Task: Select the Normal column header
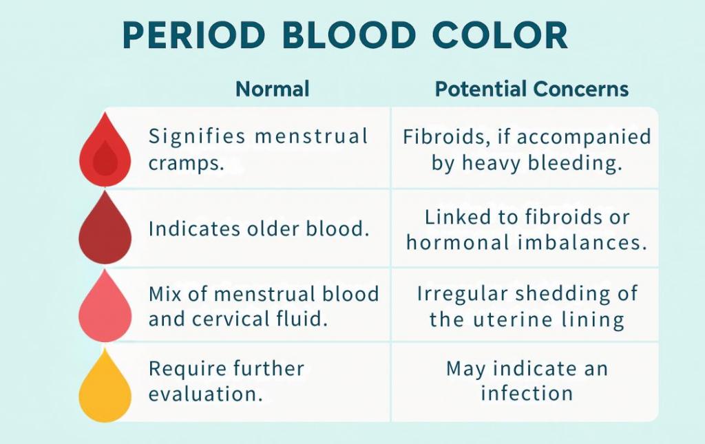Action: pyautogui.click(x=273, y=89)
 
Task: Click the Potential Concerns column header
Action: pyautogui.click(x=532, y=89)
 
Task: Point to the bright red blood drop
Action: pyautogui.click(x=105, y=151)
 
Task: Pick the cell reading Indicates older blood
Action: pyautogui.click(x=259, y=229)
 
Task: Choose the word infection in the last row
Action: pyautogui.click(x=527, y=393)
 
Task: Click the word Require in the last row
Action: pyautogui.click(x=188, y=368)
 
